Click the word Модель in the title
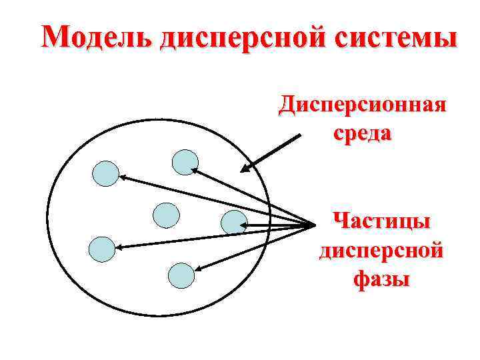(96, 37)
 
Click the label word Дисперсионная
(363, 104)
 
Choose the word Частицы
(381, 220)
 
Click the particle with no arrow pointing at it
(166, 215)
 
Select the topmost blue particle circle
(185, 162)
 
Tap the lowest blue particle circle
(181, 275)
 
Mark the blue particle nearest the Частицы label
(234, 223)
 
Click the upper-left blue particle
(105, 173)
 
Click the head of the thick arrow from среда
(244, 170)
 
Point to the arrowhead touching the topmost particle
(194, 170)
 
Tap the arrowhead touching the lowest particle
(197, 269)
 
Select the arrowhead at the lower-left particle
(119, 248)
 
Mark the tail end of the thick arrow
(300, 136)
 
